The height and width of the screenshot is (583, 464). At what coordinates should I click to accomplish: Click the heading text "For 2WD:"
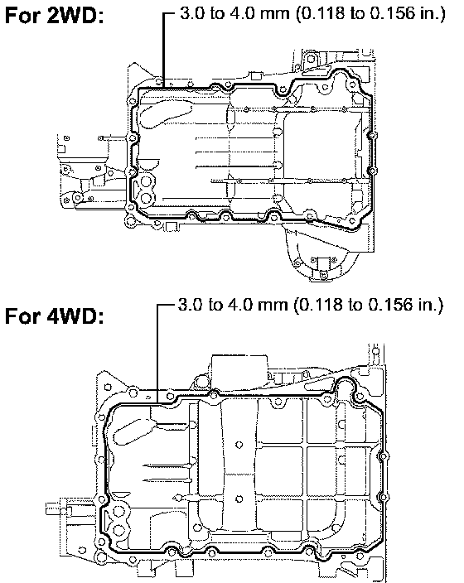(55, 17)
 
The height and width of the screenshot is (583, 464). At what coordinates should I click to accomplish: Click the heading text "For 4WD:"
(55, 316)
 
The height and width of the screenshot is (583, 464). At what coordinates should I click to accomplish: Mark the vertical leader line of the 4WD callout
(157, 354)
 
